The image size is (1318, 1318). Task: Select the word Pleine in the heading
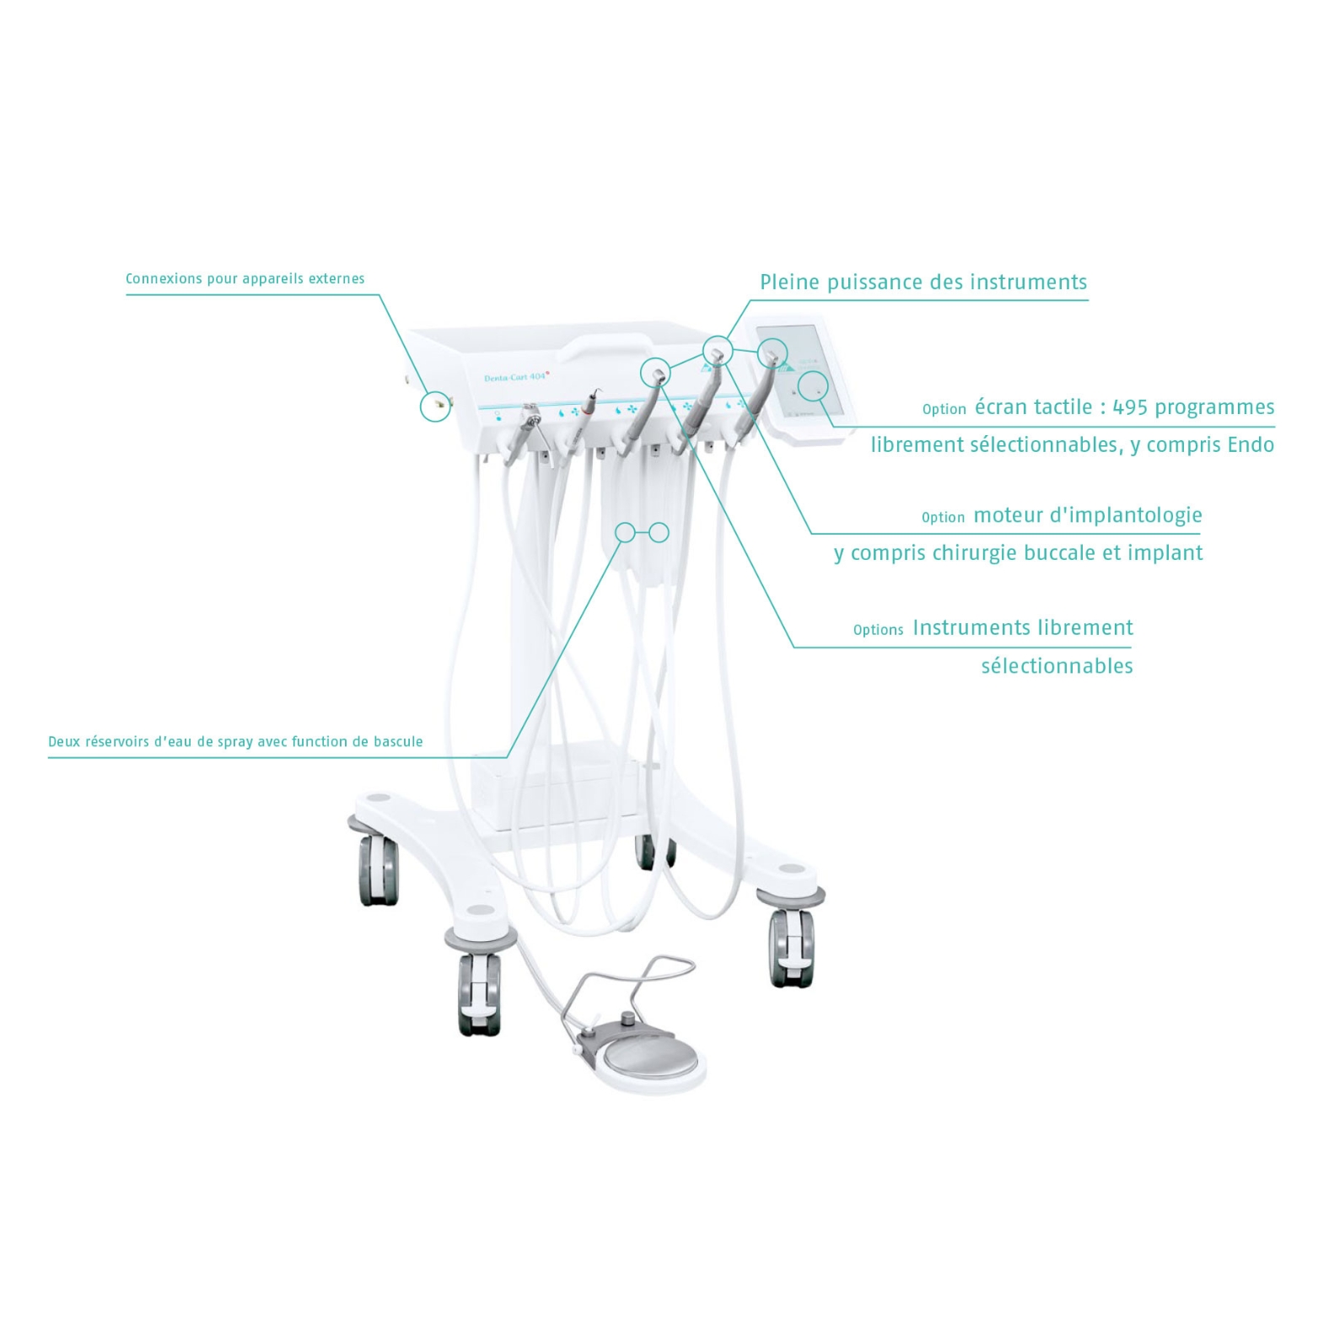[790, 282]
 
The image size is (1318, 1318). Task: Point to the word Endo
[1251, 444]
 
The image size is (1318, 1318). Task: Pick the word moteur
[1008, 515]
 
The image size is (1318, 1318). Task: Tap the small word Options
[878, 630]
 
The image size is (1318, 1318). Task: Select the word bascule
[398, 741]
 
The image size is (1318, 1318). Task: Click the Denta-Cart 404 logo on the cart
[517, 376]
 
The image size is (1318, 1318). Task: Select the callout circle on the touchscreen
[813, 386]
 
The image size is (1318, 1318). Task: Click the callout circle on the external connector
[436, 406]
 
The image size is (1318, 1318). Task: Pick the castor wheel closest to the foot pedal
[479, 992]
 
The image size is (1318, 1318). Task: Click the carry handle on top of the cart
[608, 345]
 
